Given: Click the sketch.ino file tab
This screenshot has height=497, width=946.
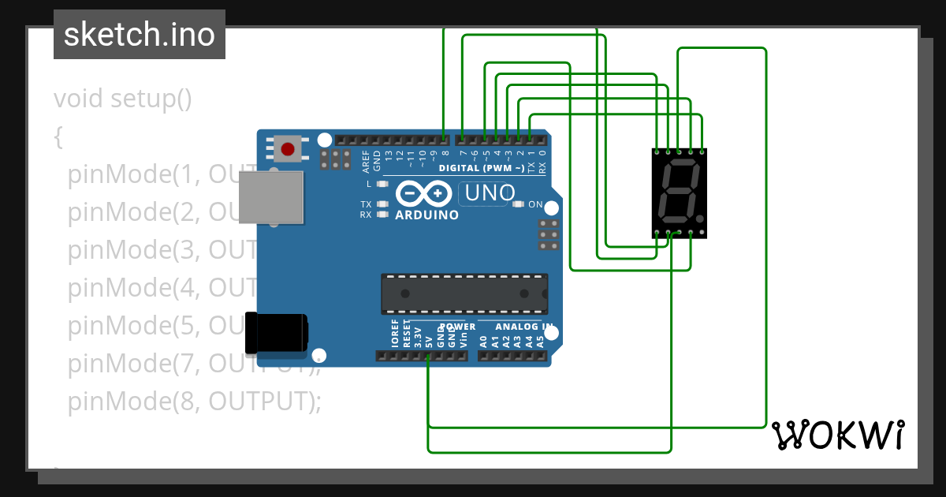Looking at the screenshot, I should pyautogui.click(x=139, y=35).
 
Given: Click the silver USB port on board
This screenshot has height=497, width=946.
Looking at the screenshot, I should pyautogui.click(x=271, y=196).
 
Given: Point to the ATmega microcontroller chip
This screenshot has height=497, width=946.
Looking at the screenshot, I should pyautogui.click(x=464, y=293).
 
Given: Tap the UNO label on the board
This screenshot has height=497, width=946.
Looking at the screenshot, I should pyautogui.click(x=490, y=192).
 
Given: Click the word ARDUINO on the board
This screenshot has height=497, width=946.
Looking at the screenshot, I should pyautogui.click(x=426, y=215).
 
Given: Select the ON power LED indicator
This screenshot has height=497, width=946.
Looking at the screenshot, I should pyautogui.click(x=518, y=204).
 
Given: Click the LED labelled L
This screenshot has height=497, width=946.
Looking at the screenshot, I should pyautogui.click(x=383, y=184).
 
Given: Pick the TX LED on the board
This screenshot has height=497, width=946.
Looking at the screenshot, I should pyautogui.click(x=383, y=204).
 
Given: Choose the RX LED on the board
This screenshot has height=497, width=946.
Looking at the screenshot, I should pyautogui.click(x=383, y=214).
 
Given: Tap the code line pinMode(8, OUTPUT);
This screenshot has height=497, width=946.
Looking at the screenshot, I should pyautogui.click(x=194, y=401).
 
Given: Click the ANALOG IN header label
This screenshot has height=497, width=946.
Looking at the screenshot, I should pyautogui.click(x=523, y=327).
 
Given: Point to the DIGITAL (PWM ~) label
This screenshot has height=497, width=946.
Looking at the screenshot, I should pyautogui.click(x=481, y=169).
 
